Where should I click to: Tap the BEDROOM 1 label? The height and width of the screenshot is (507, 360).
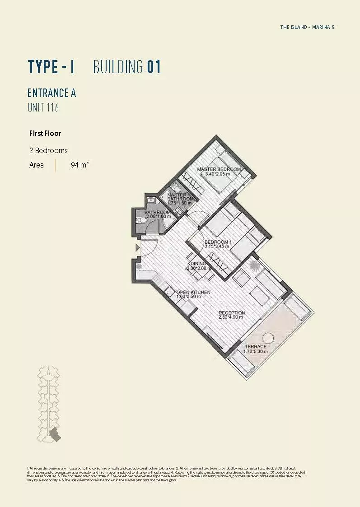[x=218, y=242]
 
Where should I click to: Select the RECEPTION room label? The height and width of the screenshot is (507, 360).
[x=231, y=313]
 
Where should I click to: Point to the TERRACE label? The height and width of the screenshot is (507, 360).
[x=256, y=347]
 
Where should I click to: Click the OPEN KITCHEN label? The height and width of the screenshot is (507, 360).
[x=193, y=293]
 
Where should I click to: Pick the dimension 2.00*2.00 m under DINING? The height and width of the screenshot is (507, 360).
[x=199, y=269]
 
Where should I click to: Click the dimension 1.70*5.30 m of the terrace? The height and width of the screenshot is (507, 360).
[x=256, y=352]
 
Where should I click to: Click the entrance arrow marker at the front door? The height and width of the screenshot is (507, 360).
[x=138, y=247]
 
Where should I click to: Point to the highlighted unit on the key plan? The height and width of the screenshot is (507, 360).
[x=55, y=434]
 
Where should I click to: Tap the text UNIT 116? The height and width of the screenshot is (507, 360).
[x=43, y=108]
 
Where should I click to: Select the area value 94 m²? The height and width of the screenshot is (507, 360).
[x=79, y=165]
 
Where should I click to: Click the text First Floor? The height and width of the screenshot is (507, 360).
[x=45, y=134]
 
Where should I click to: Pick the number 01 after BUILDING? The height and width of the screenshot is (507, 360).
[x=154, y=67]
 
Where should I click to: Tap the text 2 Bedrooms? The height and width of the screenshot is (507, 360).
[x=48, y=150]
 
